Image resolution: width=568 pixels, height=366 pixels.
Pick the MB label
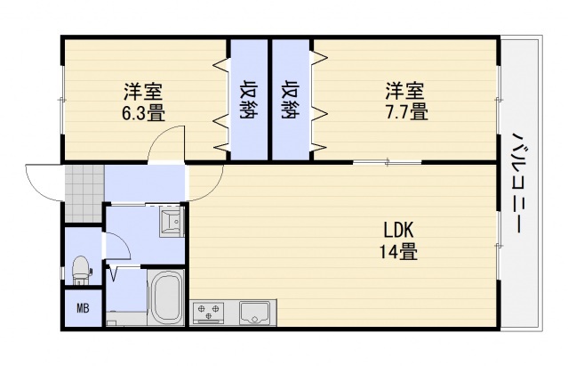83,310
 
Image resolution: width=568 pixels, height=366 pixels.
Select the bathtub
166,299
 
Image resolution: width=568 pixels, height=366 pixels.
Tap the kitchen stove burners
210,313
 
